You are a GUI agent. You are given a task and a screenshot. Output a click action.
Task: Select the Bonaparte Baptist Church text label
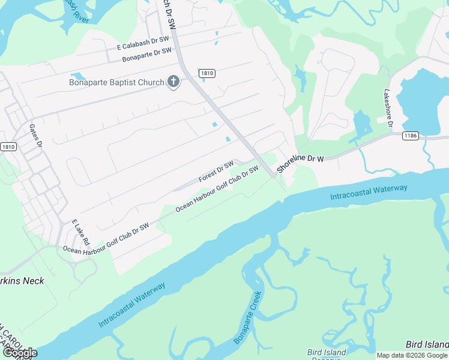point(116,82)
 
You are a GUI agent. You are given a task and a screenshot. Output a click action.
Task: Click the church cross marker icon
point(173,82)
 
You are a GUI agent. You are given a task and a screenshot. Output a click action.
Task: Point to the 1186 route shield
point(411,136)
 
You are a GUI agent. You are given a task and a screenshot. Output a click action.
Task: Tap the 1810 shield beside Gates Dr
point(8,147)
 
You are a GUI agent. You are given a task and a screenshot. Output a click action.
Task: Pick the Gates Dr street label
point(36,136)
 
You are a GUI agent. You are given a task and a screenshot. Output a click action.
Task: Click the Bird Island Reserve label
point(327,354)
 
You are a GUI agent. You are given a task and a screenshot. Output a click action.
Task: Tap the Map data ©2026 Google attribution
point(412,355)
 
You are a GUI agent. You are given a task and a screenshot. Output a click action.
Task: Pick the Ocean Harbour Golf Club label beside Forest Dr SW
point(217,188)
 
